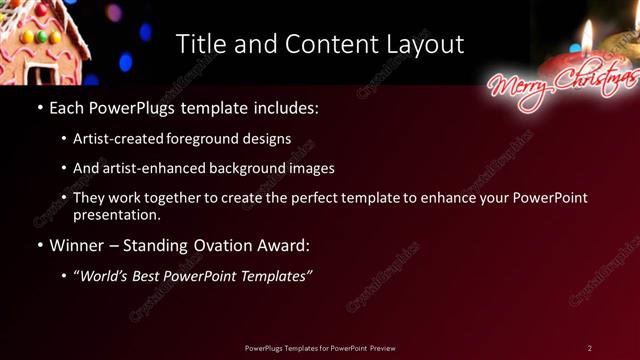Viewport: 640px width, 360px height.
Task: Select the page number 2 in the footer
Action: pyautogui.click(x=589, y=348)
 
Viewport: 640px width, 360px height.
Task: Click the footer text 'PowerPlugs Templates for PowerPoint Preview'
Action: pyautogui.click(x=319, y=348)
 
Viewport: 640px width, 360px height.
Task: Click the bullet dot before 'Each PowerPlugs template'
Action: pyautogui.click(x=39, y=106)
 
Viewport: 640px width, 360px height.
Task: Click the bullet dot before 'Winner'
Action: pyautogui.click(x=39, y=245)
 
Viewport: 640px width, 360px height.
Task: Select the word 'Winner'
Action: pyautogui.click(x=79, y=245)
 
